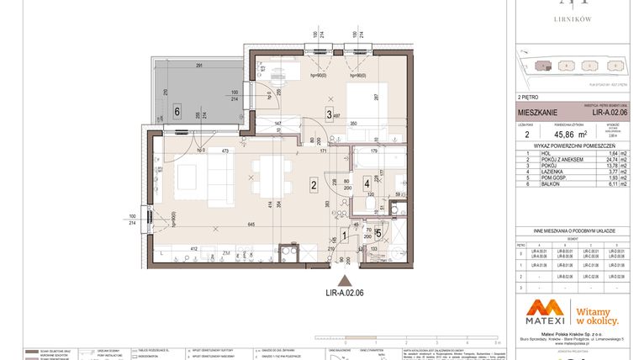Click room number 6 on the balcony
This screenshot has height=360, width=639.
click(x=177, y=110)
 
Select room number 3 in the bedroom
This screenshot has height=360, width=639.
click(x=330, y=117)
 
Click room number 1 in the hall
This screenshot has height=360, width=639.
click(x=343, y=236)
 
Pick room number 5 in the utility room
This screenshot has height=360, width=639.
click(x=378, y=234)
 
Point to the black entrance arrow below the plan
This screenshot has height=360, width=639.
click(x=343, y=281)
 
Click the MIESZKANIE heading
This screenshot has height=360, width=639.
click(x=535, y=110)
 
